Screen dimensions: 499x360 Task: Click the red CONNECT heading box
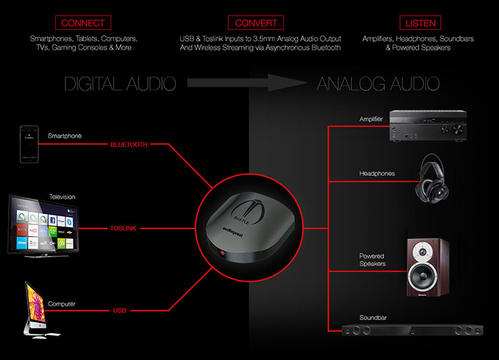[83, 22]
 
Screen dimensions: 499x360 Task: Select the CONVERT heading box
[256, 22]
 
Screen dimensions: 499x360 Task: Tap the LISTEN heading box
[420, 22]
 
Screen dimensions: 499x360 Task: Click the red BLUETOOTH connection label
[129, 145]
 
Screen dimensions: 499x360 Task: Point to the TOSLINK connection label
[123, 229]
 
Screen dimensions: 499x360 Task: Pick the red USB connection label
[119, 310]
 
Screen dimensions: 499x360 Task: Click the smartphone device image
[29, 144]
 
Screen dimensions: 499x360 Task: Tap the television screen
[44, 225]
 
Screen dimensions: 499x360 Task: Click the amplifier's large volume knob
[458, 129]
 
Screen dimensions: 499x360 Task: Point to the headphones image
[432, 179]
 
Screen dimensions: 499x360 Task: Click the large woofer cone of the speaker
[423, 276]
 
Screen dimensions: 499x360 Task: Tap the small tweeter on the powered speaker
[423, 252]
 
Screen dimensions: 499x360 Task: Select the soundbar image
[413, 330]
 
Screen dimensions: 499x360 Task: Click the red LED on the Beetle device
[223, 253]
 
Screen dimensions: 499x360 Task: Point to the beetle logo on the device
[247, 211]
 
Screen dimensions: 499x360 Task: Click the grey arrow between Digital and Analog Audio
[247, 83]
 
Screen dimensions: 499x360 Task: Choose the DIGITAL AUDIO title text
[120, 84]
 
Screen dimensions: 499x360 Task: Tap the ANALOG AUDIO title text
[378, 84]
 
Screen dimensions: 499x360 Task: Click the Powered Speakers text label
[372, 260]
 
